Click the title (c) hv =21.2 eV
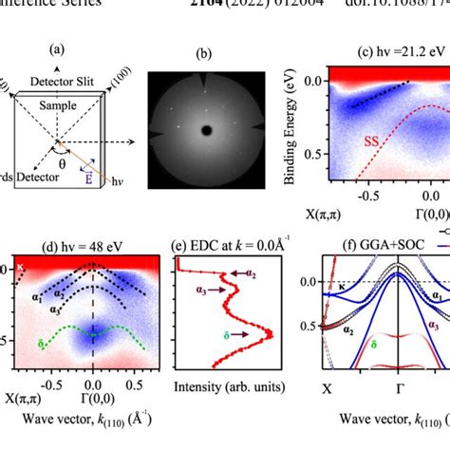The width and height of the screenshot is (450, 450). click(399, 52)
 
